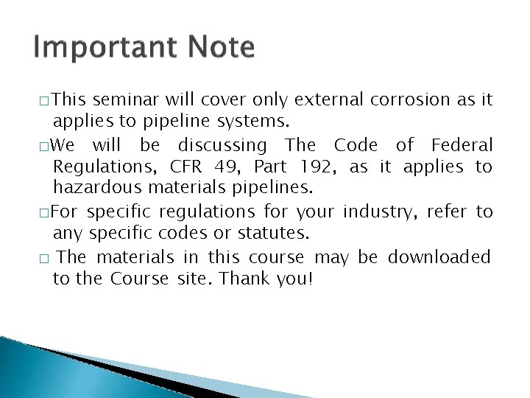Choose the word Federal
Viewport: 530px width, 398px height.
tap(462, 145)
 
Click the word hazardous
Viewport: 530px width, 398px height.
tap(93, 189)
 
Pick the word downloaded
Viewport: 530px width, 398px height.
tap(439, 257)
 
